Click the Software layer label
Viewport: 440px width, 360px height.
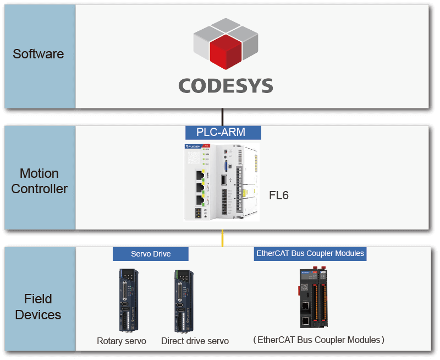(38, 54)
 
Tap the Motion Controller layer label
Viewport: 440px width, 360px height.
(39, 181)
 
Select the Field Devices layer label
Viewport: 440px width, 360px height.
(38, 307)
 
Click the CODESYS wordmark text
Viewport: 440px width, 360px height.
(226, 86)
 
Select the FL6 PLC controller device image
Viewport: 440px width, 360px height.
(221, 181)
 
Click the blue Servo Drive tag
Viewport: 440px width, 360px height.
(151, 254)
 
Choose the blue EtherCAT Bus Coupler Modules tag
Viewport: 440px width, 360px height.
(310, 253)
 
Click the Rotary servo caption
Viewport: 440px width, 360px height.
(122, 341)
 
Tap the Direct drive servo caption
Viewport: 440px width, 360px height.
(195, 341)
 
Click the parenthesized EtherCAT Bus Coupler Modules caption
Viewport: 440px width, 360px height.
(318, 340)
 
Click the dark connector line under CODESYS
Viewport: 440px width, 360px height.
(222, 117)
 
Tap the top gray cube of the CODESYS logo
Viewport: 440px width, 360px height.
(226, 26)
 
